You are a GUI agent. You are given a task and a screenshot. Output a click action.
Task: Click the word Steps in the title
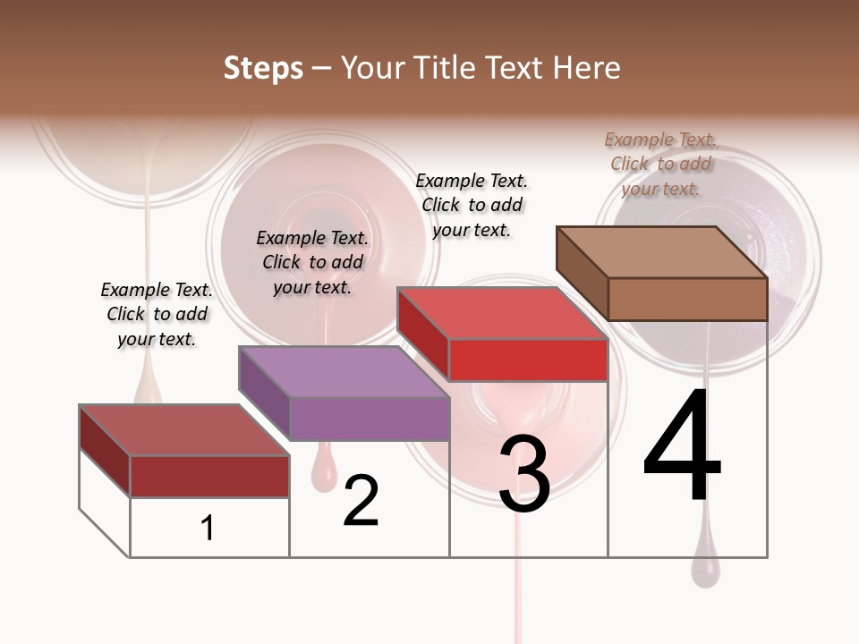[263, 68]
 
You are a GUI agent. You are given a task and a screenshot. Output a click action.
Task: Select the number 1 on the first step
[208, 528]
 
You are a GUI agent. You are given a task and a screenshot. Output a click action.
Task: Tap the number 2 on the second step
[361, 501]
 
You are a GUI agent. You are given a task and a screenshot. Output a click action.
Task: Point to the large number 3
[524, 474]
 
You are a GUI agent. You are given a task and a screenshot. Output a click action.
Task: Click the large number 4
[682, 447]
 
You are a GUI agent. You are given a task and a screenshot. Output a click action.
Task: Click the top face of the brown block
[662, 252]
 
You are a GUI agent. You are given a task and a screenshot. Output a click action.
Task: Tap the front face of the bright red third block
[528, 360]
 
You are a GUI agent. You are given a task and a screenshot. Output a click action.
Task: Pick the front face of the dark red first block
[209, 476]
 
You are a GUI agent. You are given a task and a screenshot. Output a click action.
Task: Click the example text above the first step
[157, 314]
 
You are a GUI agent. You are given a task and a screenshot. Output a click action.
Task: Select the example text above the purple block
[312, 262]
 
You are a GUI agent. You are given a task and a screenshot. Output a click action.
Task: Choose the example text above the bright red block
[472, 205]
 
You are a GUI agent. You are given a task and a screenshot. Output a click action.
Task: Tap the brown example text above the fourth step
[660, 164]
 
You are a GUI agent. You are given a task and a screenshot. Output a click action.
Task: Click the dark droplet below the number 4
[705, 570]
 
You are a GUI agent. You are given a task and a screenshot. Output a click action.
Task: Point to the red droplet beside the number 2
[324, 471]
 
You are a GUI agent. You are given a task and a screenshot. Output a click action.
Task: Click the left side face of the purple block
[264, 394]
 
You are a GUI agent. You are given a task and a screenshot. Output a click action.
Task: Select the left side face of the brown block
[582, 273]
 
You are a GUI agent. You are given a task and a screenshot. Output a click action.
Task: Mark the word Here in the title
[587, 68]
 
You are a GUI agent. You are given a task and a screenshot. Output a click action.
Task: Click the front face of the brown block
[687, 299]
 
